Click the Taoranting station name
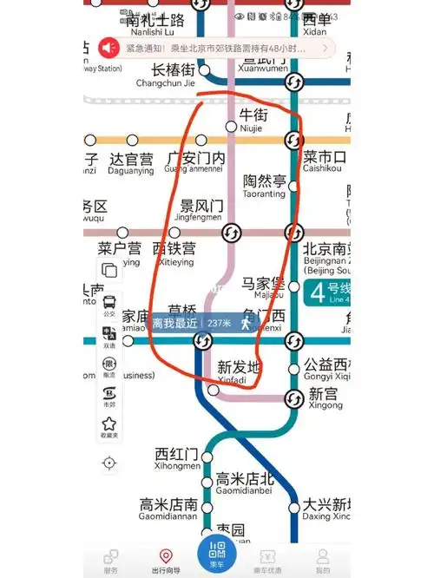click(265, 186)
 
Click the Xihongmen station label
click(177, 459)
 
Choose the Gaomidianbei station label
click(245, 483)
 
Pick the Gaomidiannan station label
click(168, 509)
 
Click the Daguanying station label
click(131, 164)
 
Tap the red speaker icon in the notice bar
click(109, 47)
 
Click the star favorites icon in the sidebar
click(109, 424)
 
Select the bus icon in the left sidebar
click(109, 303)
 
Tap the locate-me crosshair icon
click(109, 463)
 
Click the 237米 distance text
click(219, 323)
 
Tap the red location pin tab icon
click(165, 555)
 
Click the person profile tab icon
click(322, 555)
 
